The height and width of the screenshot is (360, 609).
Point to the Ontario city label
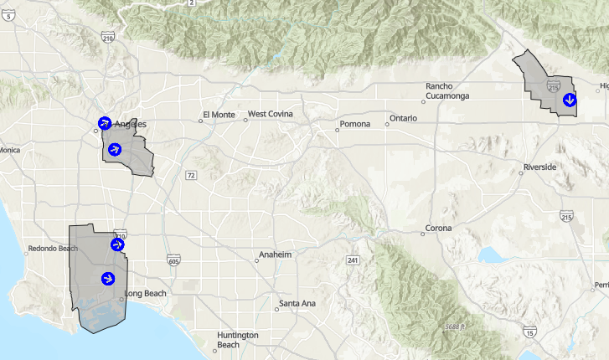403,119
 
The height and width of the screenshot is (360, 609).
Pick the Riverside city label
539,167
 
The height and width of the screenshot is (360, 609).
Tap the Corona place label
438,228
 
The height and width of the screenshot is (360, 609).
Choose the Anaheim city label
275,255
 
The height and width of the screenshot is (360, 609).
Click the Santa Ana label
297,303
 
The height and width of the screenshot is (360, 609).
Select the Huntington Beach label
238,340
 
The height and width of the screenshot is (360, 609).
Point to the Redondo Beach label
52,249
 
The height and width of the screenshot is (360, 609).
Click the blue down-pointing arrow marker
569,100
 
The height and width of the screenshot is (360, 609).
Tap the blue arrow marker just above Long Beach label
108,278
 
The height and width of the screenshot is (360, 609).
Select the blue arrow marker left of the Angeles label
104,123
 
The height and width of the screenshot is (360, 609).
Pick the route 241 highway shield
354,260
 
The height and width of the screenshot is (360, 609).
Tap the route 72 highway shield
191,175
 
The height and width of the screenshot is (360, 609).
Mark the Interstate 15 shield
531,333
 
